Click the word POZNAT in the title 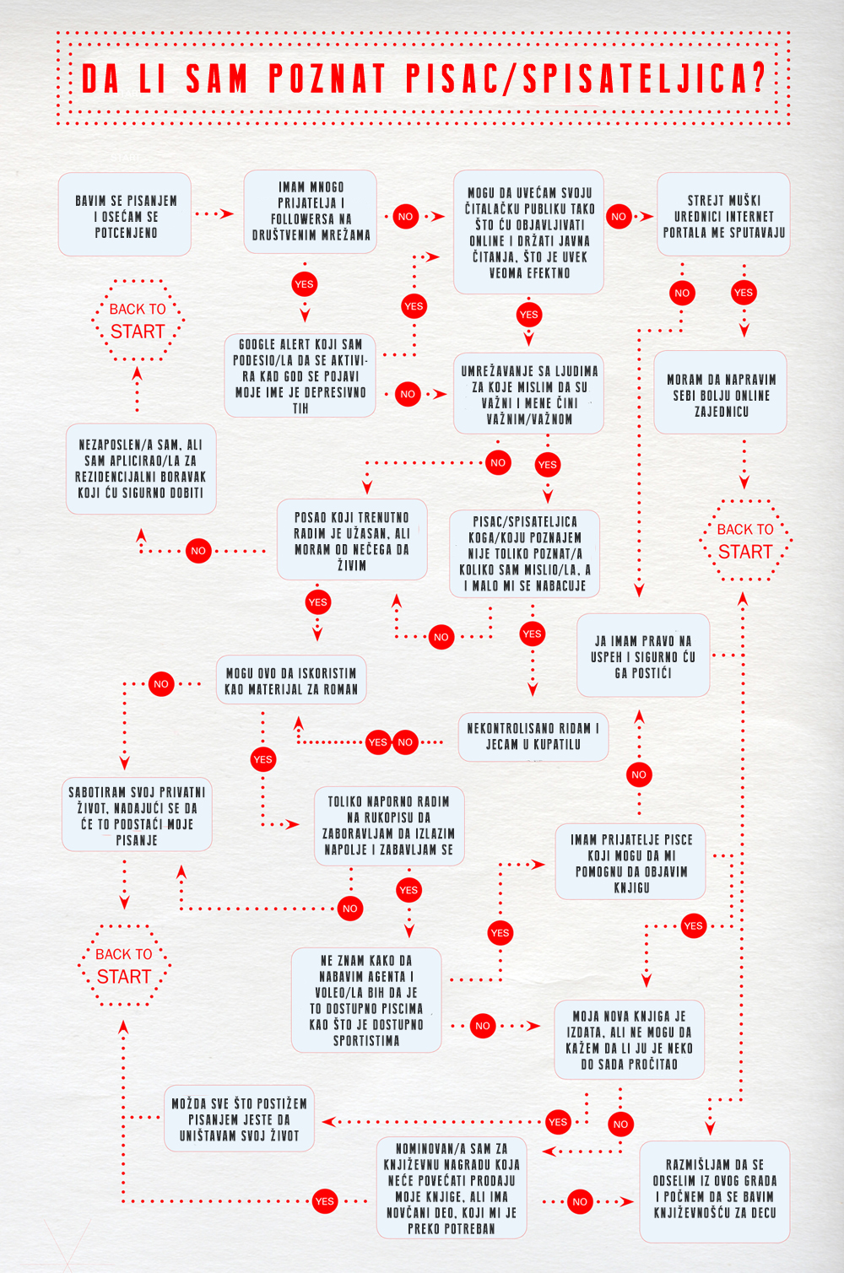tap(327, 78)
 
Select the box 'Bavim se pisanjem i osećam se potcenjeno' tap(125, 215)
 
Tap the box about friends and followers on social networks tap(311, 212)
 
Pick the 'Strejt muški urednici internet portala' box tap(723, 215)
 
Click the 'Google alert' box tap(300, 375)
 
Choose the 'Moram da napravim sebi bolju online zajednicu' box tap(721, 392)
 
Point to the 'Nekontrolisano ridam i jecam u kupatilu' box tap(533, 736)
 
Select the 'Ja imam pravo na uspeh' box tap(643, 655)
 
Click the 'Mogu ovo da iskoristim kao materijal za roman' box tap(291, 680)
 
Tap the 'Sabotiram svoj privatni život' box tap(137, 814)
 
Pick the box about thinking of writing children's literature tap(715, 1192)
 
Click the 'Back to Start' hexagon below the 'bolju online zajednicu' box tap(745, 541)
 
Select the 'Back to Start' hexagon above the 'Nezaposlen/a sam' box tap(138, 320)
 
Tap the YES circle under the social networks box tap(305, 284)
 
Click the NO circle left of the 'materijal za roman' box tap(161, 684)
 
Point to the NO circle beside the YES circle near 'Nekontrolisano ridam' tap(405, 742)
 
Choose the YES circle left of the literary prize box tap(324, 1201)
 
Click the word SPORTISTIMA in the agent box tap(366, 1041)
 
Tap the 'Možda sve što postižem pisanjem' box tap(240, 1119)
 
